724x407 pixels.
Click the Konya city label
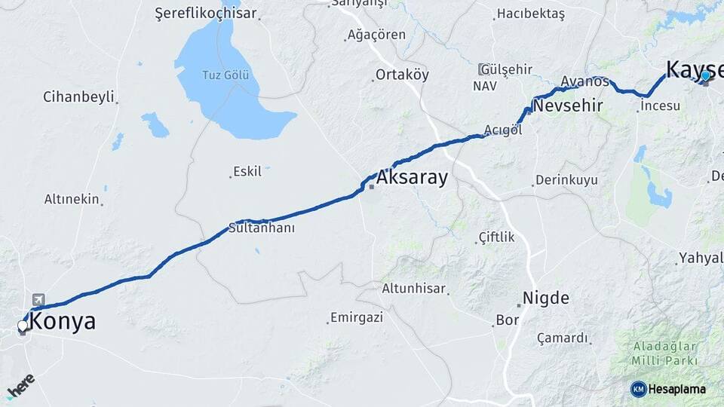tap(64, 322)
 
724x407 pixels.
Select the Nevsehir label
tap(567, 106)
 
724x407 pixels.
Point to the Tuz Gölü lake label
tap(225, 75)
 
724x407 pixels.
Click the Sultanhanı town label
tap(261, 228)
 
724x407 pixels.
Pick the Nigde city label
tap(545, 298)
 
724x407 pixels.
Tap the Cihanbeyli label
tap(78, 96)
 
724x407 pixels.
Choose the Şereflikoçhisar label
tap(205, 14)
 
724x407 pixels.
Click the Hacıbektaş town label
tap(530, 14)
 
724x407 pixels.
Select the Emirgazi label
tap(356, 317)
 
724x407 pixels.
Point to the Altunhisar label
tap(415, 289)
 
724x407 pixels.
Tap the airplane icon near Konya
tap(38, 300)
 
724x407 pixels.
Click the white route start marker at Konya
tap(23, 326)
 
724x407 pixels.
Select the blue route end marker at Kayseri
tap(705, 75)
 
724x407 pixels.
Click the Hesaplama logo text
tap(676, 389)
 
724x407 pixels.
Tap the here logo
tap(20, 385)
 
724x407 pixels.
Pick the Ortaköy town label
tap(402, 75)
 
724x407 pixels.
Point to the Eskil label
tap(247, 171)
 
